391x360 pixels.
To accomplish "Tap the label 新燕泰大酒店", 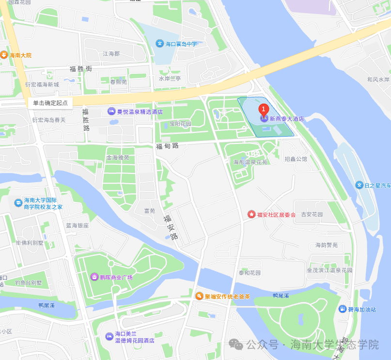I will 286,118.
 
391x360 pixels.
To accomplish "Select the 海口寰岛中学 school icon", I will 159,44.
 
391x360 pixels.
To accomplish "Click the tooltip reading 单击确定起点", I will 50,103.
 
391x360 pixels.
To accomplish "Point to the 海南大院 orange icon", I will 4,55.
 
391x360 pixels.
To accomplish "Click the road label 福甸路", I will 167,145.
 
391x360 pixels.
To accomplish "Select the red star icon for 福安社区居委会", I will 251,214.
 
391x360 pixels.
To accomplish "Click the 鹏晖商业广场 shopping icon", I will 94,277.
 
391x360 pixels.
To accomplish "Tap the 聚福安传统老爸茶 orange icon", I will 199,296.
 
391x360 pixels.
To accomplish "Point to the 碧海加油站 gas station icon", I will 343,309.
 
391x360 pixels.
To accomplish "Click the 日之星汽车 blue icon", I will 359,185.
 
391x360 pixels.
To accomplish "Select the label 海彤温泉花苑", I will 250,162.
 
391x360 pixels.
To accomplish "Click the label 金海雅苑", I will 118,157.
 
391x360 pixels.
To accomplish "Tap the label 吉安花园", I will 312,214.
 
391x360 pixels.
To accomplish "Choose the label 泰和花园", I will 250,273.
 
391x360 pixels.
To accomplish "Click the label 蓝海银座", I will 78,225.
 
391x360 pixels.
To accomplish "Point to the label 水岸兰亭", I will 170,78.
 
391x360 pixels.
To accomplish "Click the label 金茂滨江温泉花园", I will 329,270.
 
